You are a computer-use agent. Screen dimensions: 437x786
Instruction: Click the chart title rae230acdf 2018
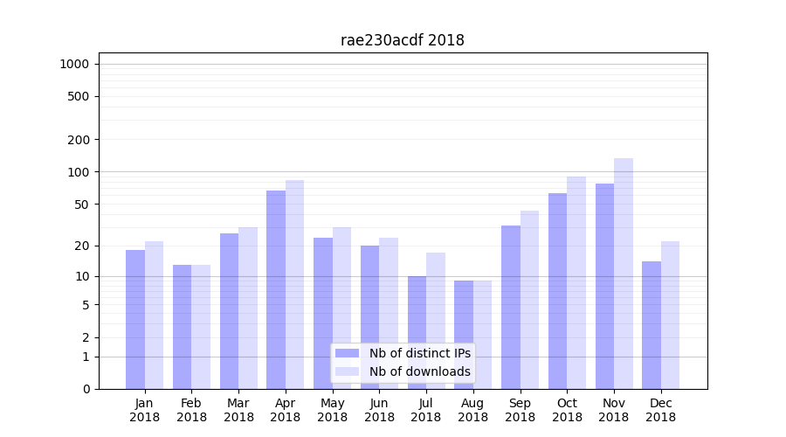click(x=402, y=40)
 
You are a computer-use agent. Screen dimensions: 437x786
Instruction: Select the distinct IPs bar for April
click(x=276, y=289)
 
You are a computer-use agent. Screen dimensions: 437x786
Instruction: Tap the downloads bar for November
click(x=624, y=274)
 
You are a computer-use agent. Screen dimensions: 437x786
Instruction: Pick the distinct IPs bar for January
click(x=135, y=319)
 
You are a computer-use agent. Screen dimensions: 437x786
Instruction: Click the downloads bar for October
click(x=576, y=282)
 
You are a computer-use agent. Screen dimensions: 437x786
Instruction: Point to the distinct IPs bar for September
click(x=511, y=307)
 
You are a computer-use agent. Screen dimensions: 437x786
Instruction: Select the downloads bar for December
click(x=670, y=315)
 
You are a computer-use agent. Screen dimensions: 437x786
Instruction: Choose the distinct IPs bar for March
click(x=229, y=311)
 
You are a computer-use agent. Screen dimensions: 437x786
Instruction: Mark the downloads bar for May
click(x=341, y=308)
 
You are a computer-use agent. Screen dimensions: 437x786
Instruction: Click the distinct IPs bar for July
click(x=417, y=332)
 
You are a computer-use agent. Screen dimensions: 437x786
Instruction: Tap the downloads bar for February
click(x=201, y=327)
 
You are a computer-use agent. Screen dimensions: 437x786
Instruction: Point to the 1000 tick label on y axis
click(x=74, y=64)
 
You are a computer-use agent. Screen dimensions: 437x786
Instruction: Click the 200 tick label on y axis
click(x=78, y=140)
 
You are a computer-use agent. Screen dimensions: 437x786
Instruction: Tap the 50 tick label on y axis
click(x=81, y=205)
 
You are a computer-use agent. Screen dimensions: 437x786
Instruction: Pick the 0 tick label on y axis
click(x=86, y=389)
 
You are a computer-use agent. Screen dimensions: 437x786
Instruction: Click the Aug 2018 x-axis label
click(x=472, y=410)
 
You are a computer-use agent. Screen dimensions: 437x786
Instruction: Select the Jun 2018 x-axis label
click(x=379, y=410)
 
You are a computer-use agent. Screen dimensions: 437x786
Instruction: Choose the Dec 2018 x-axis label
click(x=660, y=410)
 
